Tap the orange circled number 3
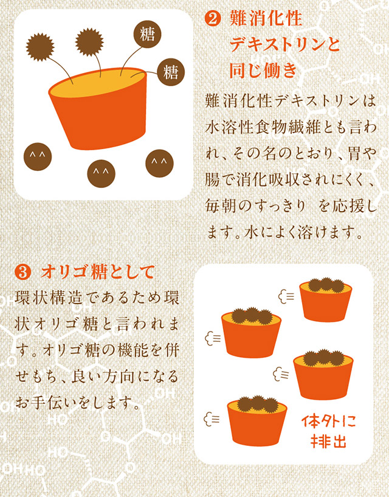[x=23, y=273]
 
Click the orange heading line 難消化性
[x=266, y=19]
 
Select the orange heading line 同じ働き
[x=263, y=71]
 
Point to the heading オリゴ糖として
[x=97, y=273]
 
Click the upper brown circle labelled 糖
[x=147, y=34]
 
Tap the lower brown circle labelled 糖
[x=171, y=72]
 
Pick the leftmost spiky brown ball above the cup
[x=40, y=47]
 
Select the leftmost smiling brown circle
[x=38, y=156]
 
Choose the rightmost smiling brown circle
[x=159, y=163]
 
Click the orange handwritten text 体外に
[x=328, y=422]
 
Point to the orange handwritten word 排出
[x=328, y=441]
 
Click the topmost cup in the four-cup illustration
[x=326, y=300]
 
